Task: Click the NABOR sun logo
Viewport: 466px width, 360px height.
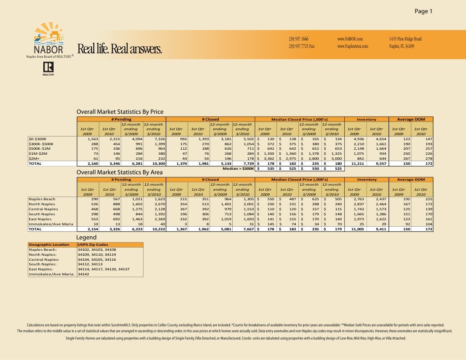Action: coord(47,35)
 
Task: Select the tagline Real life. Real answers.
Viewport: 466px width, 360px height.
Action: coord(119,49)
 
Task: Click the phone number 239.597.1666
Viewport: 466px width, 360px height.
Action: coord(299,39)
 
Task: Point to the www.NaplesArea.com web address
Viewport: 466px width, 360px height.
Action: coord(353,46)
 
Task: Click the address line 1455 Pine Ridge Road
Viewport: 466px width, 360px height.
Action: coord(405,39)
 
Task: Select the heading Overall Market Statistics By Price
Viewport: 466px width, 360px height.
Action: coord(120,112)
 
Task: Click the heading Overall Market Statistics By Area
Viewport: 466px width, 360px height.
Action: coord(119,172)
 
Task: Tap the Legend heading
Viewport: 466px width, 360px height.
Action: coord(86,238)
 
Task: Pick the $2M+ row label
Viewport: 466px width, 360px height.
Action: coord(35,158)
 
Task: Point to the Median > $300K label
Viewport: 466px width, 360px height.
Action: coord(237,168)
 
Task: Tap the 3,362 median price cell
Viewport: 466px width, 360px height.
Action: coord(269,158)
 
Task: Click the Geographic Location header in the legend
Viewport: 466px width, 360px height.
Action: coord(49,245)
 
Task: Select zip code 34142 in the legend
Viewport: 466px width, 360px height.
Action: coord(83,274)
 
